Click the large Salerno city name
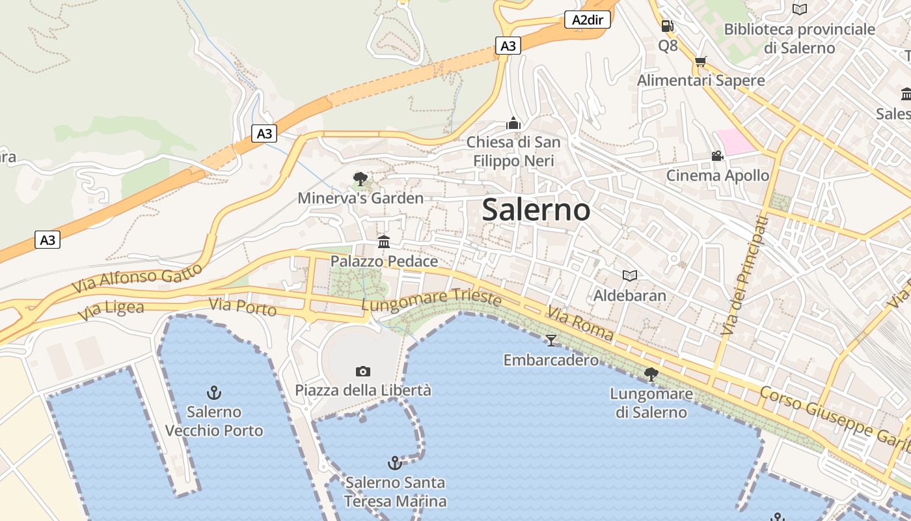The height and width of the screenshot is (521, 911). (536, 210)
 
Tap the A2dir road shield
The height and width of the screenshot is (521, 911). (587, 20)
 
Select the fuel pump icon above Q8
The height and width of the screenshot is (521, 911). (667, 26)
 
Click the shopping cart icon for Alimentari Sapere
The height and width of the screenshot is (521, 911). (700, 62)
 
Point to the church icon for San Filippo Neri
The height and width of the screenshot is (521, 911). (513, 123)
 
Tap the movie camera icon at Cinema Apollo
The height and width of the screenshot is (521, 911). (717, 156)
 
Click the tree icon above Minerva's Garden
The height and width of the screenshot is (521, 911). (360, 179)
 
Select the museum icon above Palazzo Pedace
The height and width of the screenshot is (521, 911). (384, 242)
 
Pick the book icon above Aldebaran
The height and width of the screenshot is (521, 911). (629, 276)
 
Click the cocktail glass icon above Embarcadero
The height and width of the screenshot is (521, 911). (551, 340)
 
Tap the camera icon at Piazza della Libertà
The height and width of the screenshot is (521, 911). (363, 371)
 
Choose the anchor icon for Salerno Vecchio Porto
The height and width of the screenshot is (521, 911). (214, 393)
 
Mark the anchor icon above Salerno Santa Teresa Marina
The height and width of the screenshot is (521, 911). (394, 463)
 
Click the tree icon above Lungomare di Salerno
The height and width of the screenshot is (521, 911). (651, 374)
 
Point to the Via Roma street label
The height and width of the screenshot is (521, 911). (580, 324)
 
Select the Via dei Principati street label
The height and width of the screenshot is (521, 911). (744, 276)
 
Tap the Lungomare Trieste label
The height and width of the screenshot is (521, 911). (431, 300)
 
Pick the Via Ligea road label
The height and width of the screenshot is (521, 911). (111, 311)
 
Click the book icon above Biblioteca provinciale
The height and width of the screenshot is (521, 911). (799, 9)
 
